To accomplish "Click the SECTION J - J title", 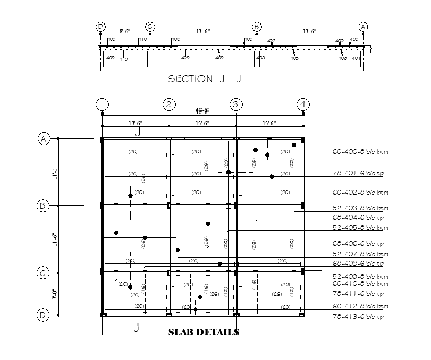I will pos(205,79).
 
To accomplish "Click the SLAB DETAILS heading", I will pos(204,332).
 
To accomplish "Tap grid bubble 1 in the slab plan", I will pos(102,105).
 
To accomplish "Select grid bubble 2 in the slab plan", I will pos(169,105).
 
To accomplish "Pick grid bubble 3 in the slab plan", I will pos(236,105).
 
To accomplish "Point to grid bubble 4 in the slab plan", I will pos(303,105).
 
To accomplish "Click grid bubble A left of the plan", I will pos(43,138).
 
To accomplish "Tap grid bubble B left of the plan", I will pos(43,206).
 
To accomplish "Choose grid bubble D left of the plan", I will pos(43,315).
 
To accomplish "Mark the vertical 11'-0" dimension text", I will pos(54,172).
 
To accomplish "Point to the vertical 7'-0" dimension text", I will pos(54,294).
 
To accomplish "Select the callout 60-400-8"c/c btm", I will pos(360,152).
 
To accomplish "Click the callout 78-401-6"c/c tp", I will pos(358,174).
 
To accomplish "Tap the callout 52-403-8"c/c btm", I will pos(360,209).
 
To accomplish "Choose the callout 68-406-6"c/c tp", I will pos(358,244).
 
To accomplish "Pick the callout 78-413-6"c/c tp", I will pos(358,318).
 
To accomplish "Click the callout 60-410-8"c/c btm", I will pos(360,284).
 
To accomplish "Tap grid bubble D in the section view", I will pos(100,26).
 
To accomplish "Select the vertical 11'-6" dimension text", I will pos(54,240).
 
